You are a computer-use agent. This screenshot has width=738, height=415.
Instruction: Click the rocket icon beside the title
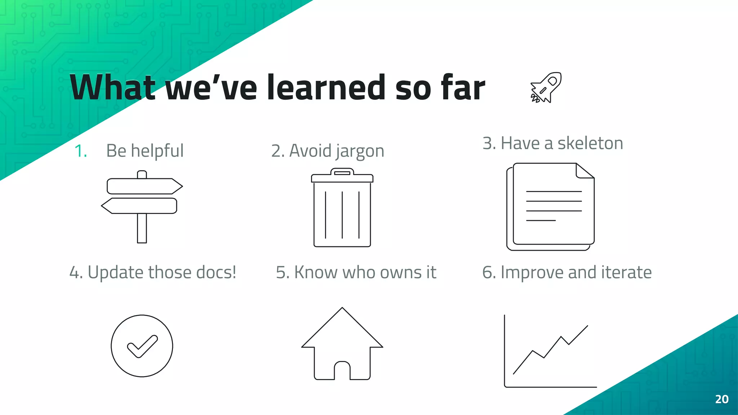pos(546,88)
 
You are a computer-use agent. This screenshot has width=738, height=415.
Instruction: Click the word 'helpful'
pos(157,151)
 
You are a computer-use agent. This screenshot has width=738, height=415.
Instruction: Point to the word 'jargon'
pos(360,151)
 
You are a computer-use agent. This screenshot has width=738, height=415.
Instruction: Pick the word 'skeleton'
pos(590,143)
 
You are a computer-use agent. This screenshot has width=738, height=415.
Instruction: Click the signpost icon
pos(142,206)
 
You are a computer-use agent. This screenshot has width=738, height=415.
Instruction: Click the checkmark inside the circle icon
pos(142,346)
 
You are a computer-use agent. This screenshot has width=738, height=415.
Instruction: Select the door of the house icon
pos(342,371)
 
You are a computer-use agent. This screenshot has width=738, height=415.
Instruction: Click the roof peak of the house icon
pos(342,309)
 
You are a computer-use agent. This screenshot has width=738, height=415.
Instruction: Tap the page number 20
pos(722,399)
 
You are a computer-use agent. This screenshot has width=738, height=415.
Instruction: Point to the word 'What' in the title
pos(112,88)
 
